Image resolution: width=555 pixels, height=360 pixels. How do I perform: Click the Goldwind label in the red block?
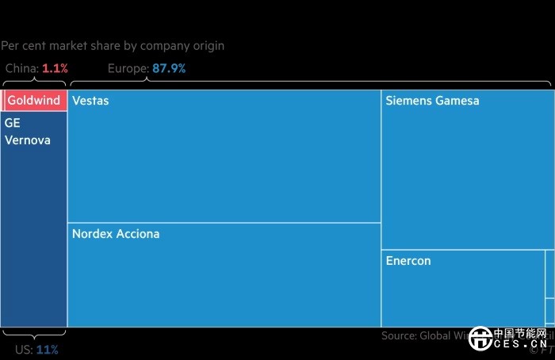(34, 101)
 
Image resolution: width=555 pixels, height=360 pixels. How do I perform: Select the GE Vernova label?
(28, 132)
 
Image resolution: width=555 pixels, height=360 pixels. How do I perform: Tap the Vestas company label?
(90, 101)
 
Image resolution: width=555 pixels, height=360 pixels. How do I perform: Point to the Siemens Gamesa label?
(432, 101)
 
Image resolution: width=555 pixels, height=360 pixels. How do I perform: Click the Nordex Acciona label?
(116, 234)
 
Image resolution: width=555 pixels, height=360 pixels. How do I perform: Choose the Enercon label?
(408, 260)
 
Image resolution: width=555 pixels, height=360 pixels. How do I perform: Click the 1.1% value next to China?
(55, 69)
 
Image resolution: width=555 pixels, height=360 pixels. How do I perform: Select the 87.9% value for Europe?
(169, 69)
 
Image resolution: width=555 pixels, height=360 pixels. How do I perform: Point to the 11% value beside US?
(48, 349)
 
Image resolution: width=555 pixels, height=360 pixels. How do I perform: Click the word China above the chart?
(21, 69)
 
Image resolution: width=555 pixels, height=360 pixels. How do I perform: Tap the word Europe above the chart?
(128, 69)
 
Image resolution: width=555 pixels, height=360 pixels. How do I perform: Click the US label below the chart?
(24, 349)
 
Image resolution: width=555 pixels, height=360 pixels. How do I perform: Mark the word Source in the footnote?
(399, 335)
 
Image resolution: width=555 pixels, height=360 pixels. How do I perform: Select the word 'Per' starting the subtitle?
(10, 46)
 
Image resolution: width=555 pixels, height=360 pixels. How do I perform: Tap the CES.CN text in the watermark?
(520, 345)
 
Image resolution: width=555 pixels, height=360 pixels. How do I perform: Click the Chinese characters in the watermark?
(520, 333)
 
